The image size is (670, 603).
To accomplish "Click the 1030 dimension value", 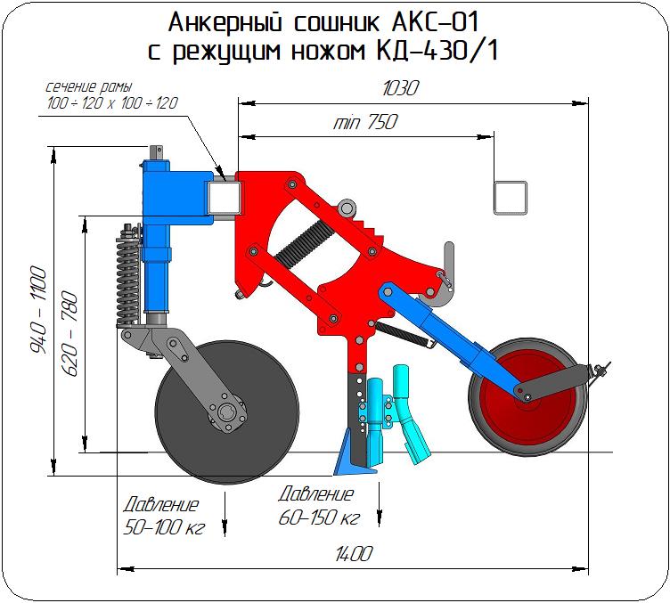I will (x=399, y=89).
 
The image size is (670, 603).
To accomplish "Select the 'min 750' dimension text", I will (x=364, y=123).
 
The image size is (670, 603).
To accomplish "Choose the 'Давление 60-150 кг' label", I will (x=317, y=507).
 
